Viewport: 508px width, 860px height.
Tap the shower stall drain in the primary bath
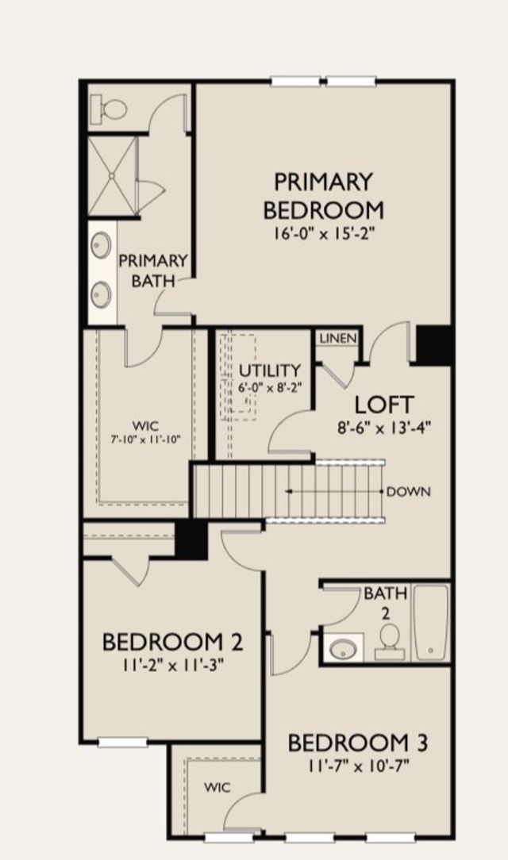(112, 175)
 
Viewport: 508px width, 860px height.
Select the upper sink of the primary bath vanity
(102, 242)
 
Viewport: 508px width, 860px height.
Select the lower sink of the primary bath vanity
(102, 294)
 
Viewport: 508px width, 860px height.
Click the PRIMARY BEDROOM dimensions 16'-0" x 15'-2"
(324, 234)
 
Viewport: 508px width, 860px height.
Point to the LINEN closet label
(338, 339)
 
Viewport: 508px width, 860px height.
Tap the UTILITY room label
(269, 370)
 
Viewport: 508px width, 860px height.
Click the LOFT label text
(383, 405)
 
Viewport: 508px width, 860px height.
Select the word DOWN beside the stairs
(409, 491)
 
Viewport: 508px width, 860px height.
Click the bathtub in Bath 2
(431, 622)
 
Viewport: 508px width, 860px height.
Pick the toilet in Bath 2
(390, 642)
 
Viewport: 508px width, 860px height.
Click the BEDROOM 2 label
(172, 642)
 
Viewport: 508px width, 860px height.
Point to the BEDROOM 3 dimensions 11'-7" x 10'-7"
(359, 766)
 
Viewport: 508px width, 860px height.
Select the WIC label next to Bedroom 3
(217, 788)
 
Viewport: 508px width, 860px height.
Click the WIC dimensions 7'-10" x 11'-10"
(146, 439)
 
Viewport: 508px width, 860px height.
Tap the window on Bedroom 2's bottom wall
(123, 742)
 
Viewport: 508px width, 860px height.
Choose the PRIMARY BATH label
(154, 271)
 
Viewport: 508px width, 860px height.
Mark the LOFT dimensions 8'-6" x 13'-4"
(383, 428)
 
